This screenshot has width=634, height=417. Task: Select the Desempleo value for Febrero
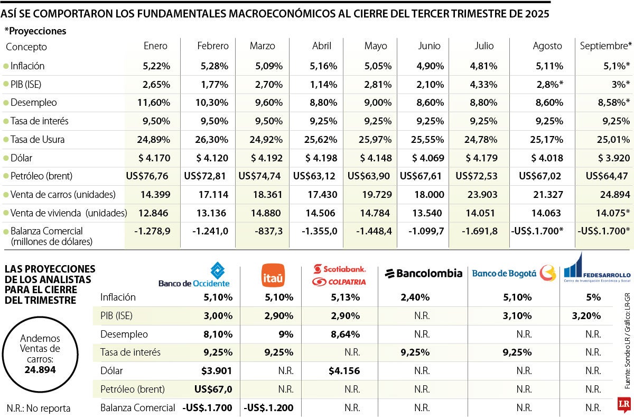[x=212, y=103]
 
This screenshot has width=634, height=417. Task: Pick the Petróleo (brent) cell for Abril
[x=315, y=176]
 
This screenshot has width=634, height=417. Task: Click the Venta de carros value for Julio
[x=477, y=194]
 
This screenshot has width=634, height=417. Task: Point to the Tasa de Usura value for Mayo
[x=375, y=140]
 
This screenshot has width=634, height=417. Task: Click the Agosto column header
[x=547, y=46]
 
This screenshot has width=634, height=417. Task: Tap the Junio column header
[x=429, y=46]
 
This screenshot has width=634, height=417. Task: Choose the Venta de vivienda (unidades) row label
[x=69, y=213]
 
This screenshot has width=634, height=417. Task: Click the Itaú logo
[x=273, y=275]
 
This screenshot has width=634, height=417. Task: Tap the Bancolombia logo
[x=423, y=274]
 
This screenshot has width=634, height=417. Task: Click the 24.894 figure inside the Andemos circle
[x=40, y=369]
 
